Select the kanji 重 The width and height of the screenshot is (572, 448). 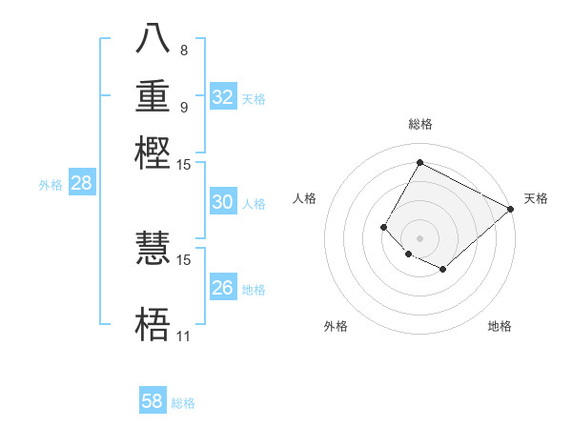pyautogui.click(x=153, y=98)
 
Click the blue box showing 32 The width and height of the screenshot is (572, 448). pyautogui.click(x=223, y=97)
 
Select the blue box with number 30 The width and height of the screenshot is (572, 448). pyautogui.click(x=223, y=202)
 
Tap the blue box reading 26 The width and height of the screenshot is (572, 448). pyautogui.click(x=223, y=288)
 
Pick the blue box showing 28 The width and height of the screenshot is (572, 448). pyautogui.click(x=81, y=184)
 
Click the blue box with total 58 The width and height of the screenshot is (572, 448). pyautogui.click(x=153, y=401)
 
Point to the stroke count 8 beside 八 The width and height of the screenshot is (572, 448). pyautogui.click(x=183, y=50)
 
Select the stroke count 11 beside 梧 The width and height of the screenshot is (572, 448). pyautogui.click(x=183, y=336)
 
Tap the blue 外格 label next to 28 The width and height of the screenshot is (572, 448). pyautogui.click(x=51, y=185)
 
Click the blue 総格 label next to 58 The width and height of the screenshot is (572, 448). pyautogui.click(x=183, y=403)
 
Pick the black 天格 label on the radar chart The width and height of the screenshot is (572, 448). pyautogui.click(x=536, y=198)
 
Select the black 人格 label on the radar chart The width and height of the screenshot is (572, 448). pyautogui.click(x=305, y=198)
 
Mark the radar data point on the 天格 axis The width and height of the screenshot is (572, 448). pyautogui.click(x=511, y=209)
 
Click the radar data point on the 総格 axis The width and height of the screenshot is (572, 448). pyautogui.click(x=419, y=162)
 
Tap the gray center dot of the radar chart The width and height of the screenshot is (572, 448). pyautogui.click(x=419, y=237)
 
